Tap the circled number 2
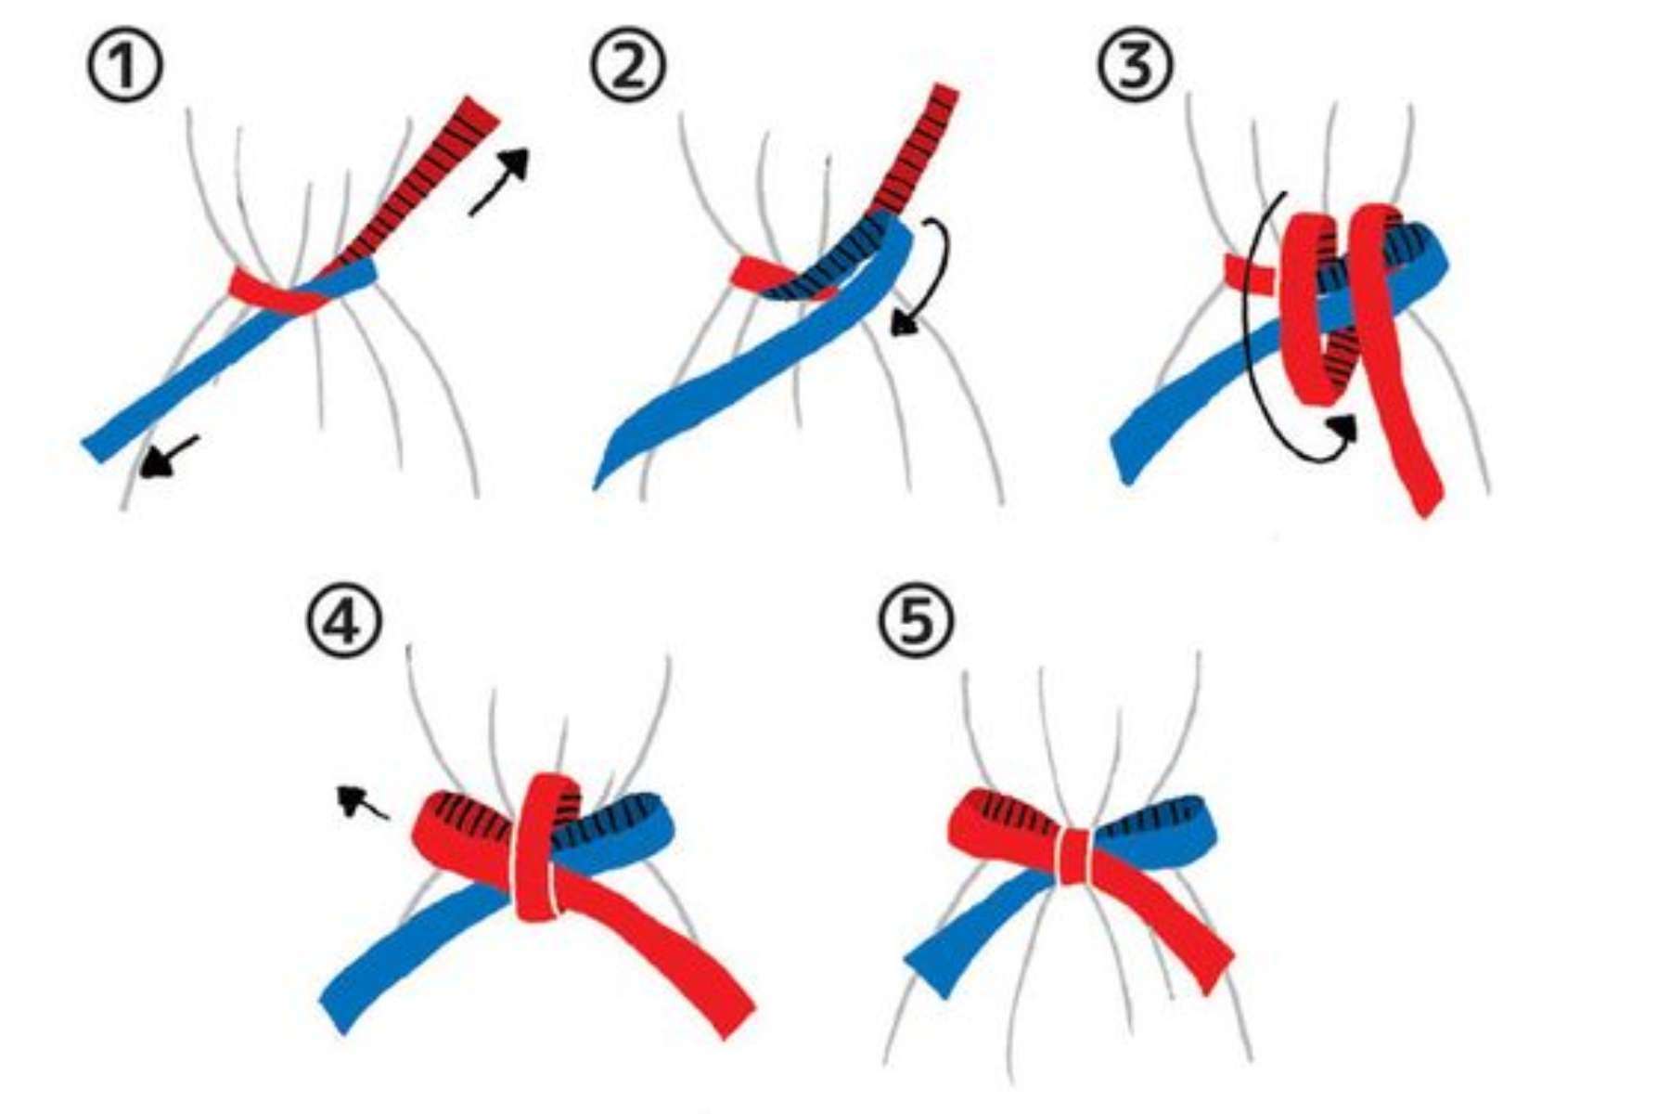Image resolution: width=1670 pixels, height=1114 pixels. pos(629,66)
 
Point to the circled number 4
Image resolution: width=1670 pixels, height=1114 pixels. pos(344,620)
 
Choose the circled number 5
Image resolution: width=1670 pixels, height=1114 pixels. pos(916,620)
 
